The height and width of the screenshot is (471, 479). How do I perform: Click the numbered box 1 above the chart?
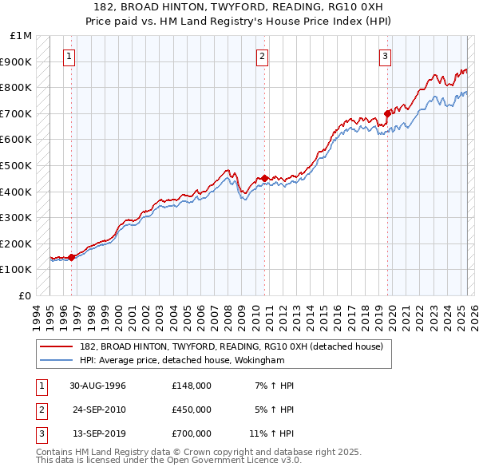tap(70, 56)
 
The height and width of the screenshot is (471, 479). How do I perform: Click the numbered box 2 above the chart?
tap(262, 56)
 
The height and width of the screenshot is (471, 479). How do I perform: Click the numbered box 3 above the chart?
tap(385, 56)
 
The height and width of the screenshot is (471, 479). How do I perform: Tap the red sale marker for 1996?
tap(72, 257)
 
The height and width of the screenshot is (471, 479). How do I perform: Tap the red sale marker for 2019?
tap(387, 113)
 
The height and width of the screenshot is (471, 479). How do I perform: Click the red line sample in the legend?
tap(57, 346)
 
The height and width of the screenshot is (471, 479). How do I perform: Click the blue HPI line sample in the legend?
tap(57, 360)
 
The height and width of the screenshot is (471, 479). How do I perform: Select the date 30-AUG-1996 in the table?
tap(98, 385)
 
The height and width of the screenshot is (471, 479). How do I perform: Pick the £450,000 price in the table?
tap(192, 410)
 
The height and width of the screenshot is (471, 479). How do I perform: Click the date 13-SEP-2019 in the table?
tap(98, 434)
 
